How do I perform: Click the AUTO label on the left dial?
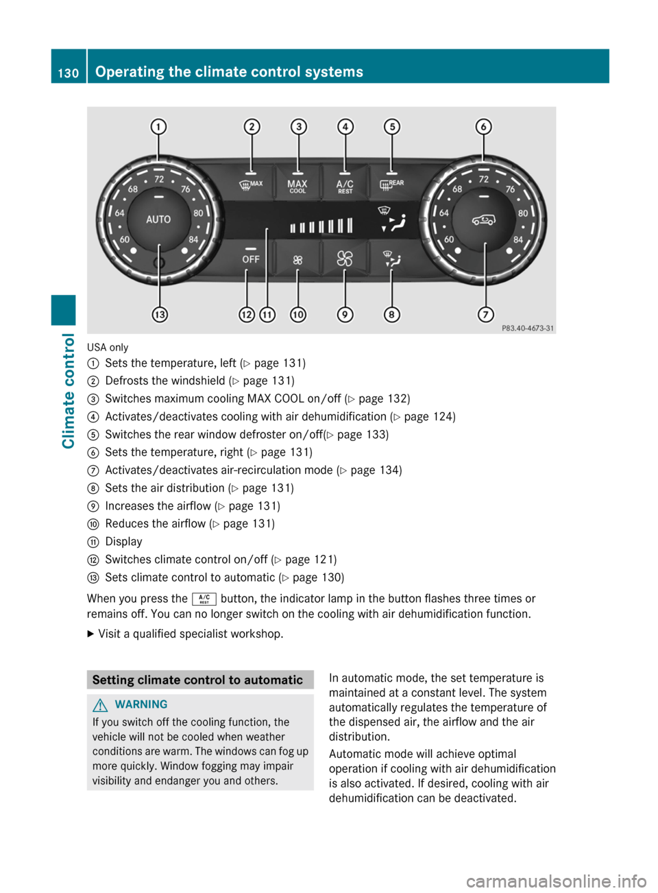(158, 219)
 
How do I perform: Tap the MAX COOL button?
(297, 186)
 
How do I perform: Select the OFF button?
(251, 259)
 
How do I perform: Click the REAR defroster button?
(391, 184)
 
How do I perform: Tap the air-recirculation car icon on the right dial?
(483, 220)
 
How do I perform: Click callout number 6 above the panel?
(484, 127)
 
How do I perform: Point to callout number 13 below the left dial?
(159, 315)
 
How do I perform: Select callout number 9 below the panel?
(345, 315)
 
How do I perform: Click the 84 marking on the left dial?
(193, 240)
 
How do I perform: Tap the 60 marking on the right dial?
(449, 240)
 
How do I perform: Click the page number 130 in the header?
(69, 73)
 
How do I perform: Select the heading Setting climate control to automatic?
(197, 680)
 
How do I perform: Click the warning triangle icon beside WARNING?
(101, 704)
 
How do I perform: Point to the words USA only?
(108, 348)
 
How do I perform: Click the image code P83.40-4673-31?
(527, 329)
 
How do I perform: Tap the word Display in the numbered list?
(124, 542)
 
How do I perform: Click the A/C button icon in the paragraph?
(204, 599)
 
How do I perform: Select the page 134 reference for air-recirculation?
(376, 471)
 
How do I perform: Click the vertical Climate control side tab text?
(69, 390)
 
